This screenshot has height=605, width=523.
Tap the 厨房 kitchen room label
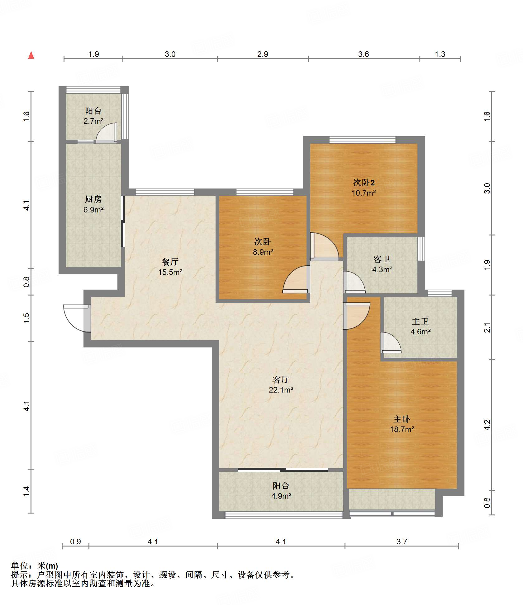[93, 204]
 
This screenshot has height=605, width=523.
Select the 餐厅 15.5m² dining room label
[170, 267]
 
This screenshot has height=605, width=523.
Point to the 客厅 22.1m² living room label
[281, 384]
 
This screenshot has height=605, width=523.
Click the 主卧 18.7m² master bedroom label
[402, 424]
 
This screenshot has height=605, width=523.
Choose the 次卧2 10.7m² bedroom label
[364, 188]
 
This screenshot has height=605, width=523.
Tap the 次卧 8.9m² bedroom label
[263, 247]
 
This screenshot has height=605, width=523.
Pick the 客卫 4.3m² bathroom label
[382, 264]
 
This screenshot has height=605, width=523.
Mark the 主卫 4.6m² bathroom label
[421, 326]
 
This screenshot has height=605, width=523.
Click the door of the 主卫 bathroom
[391, 343]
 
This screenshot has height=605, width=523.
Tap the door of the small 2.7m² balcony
[107, 133]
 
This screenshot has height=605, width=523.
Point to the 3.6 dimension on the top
[364, 54]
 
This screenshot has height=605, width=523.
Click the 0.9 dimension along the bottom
[75, 542]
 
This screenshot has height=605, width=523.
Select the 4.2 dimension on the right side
[487, 425]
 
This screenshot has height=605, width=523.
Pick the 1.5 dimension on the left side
[26, 318]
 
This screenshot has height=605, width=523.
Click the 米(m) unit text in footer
[48, 566]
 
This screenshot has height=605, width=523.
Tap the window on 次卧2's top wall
[363, 140]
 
